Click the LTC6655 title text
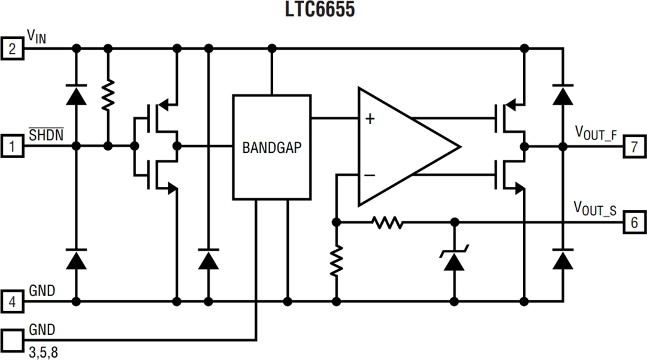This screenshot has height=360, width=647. [x=323, y=10]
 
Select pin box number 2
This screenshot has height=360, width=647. [x=12, y=47]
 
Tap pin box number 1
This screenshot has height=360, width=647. [x=12, y=146]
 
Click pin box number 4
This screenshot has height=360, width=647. [x=12, y=301]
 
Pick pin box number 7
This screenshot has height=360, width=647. [x=634, y=146]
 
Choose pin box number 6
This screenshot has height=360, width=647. [x=634, y=222]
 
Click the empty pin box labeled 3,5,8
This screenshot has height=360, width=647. [x=12, y=338]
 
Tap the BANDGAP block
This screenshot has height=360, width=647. [x=272, y=147]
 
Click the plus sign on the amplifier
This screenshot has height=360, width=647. [x=370, y=119]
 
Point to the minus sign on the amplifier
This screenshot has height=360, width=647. [x=370, y=175]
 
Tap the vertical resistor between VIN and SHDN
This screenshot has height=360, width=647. [x=108, y=96]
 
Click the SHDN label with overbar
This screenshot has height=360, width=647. [x=46, y=134]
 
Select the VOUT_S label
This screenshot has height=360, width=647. [x=595, y=208]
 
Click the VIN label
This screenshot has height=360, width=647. [x=37, y=38]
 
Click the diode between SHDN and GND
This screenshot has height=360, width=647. [x=76, y=259]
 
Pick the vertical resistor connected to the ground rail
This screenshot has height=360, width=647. [x=336, y=261]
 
